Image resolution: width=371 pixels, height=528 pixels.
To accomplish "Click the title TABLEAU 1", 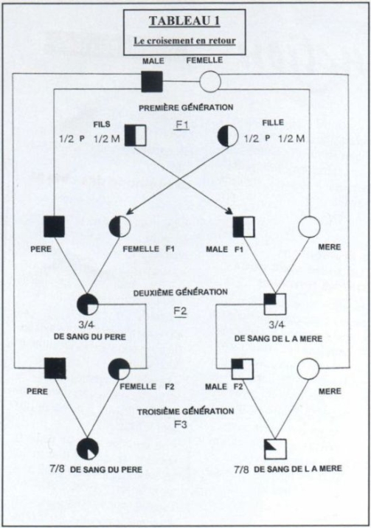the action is [x=184, y=21].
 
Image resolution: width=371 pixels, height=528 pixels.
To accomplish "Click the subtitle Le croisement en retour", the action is [x=184, y=41].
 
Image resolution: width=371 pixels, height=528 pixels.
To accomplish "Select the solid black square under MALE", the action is [x=152, y=82].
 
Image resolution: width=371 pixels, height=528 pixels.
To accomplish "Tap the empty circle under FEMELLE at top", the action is [x=210, y=82].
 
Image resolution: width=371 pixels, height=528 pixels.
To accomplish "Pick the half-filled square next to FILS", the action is [x=135, y=136].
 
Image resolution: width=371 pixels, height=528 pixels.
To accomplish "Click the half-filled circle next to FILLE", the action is [x=228, y=136].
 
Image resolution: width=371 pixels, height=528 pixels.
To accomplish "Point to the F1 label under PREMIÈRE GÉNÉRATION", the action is [x=182, y=125].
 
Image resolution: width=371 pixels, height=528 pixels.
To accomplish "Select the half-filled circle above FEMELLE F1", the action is [x=119, y=227].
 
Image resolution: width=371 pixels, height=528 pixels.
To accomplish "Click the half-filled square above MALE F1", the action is [x=243, y=227].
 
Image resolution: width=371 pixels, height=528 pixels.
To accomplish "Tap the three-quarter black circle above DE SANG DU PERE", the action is [x=88, y=305].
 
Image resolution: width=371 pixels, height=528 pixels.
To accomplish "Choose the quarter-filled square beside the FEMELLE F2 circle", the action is [x=243, y=369].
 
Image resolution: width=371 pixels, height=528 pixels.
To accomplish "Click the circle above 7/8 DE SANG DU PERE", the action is [x=88, y=449].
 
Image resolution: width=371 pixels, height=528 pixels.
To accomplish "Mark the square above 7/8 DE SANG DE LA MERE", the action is [x=275, y=449].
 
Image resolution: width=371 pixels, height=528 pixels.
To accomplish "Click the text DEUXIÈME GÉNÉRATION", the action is [x=181, y=292].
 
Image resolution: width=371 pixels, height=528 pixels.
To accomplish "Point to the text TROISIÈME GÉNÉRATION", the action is [x=186, y=411].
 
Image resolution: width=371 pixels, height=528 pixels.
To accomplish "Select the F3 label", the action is [x=181, y=424].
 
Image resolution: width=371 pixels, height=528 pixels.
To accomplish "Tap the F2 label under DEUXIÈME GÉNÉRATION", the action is [x=180, y=310].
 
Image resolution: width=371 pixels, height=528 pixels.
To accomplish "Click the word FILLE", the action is [x=273, y=122].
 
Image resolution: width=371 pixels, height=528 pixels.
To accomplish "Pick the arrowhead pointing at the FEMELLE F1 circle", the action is [x=128, y=212].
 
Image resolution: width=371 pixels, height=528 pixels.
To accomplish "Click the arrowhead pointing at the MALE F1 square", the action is [x=230, y=212].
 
